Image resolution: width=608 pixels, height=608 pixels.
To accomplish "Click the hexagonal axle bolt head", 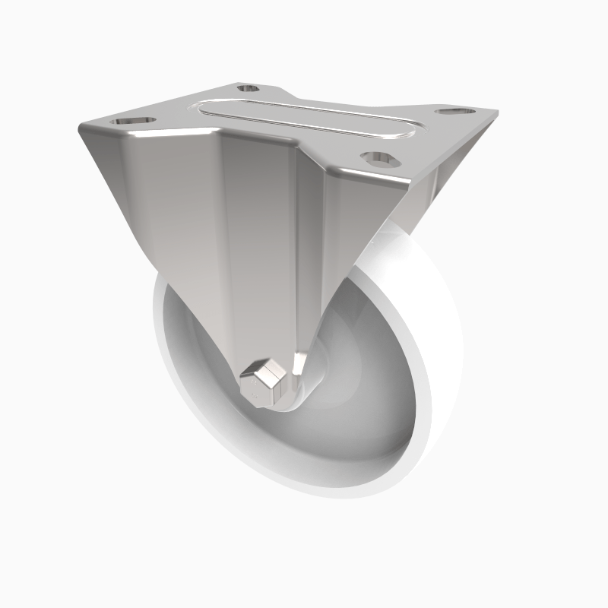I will (263, 383).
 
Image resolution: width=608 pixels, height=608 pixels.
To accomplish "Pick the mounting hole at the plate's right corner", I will (455, 112).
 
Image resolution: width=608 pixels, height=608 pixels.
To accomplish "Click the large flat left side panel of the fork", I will (175, 228).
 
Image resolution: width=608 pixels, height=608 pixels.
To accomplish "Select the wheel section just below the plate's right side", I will (403, 243).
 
